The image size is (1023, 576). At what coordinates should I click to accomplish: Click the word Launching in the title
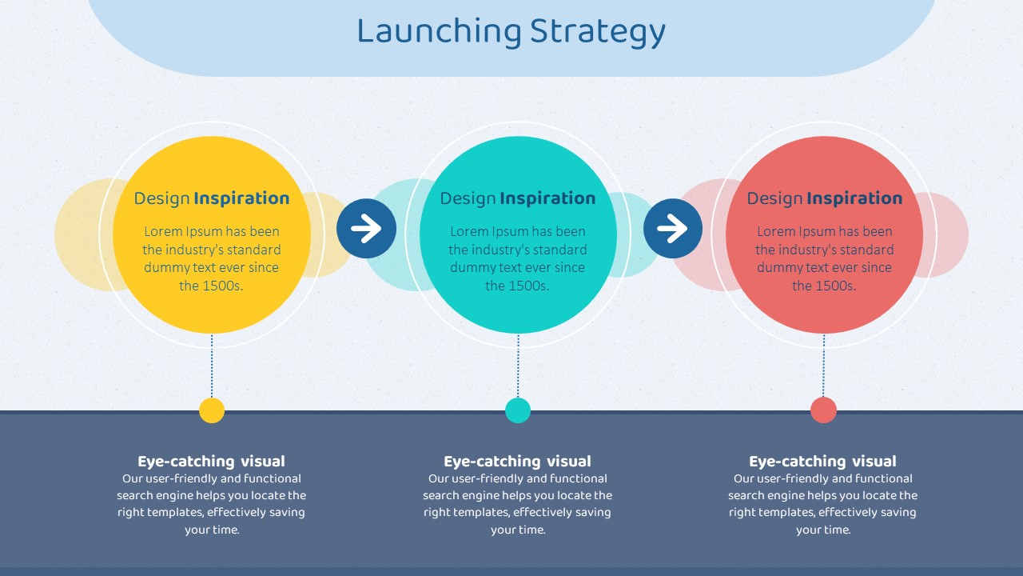(439, 32)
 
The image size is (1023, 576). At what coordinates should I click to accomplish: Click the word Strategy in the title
(598, 33)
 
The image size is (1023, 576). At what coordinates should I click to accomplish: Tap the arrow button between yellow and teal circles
(366, 228)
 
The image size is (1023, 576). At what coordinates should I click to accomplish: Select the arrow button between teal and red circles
(673, 228)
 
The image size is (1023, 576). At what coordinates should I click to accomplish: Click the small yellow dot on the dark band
(212, 410)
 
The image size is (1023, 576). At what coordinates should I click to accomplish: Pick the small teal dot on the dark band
(518, 410)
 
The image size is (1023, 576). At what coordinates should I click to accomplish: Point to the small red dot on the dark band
(823, 410)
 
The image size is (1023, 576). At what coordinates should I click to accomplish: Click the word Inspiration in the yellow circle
(241, 199)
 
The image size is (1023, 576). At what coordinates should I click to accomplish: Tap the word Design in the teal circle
(468, 198)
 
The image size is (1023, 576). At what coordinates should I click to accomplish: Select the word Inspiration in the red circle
(854, 199)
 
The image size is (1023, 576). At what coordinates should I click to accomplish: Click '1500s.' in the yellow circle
(222, 286)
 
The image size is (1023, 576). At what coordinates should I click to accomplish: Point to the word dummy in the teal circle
(472, 268)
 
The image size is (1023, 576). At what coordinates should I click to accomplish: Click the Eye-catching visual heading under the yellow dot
(212, 462)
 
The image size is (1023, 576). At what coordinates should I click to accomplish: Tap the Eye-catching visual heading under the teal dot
(517, 462)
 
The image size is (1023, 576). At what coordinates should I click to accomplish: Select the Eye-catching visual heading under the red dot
(822, 462)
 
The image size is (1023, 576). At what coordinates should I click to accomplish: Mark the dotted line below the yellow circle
(212, 366)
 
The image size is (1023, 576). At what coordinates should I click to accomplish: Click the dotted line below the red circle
(824, 366)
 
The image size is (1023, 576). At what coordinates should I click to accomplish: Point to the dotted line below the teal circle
(518, 366)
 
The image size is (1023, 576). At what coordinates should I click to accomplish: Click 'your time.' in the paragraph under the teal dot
(518, 530)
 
